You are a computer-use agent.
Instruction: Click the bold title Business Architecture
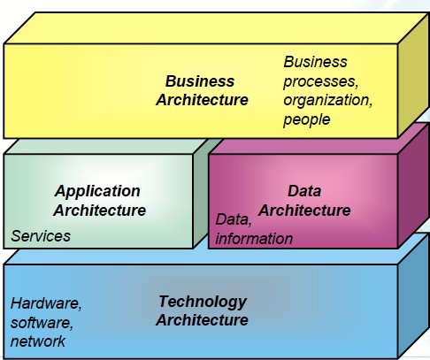coord(202,90)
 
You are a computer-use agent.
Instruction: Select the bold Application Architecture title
coord(100,201)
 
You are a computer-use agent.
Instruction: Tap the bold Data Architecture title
coord(304,201)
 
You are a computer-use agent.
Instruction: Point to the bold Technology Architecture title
coord(202,310)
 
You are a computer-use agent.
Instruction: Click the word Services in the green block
coord(41,236)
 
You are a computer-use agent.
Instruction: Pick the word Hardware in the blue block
coord(46,303)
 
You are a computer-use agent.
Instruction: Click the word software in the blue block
coord(42,323)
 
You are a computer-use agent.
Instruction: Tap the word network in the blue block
coord(38,341)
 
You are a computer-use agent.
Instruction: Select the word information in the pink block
coord(254,239)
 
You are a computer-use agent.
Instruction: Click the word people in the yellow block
coord(307,120)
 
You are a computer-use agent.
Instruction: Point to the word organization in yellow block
coord(327,101)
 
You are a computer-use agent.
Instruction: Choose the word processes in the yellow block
coord(321,81)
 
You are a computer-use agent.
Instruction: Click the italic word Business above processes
coord(315,62)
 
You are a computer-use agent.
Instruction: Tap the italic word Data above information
coord(234,219)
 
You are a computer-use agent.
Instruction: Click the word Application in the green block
coord(97,192)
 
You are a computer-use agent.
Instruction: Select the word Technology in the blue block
coord(203,303)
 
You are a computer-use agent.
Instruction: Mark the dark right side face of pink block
coord(413,186)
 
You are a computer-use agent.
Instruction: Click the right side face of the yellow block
coord(413,75)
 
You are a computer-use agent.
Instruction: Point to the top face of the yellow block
coord(216,28)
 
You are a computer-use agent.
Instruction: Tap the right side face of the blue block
coord(413,295)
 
